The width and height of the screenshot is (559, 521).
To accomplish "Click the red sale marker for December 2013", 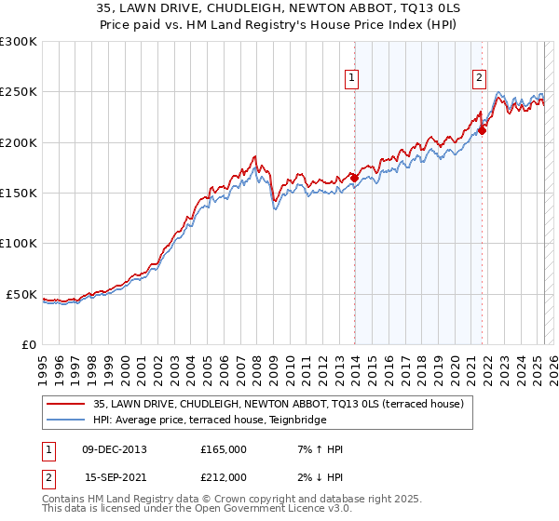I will tap(355, 178).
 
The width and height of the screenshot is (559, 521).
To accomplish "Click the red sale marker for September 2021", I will tap(483, 130).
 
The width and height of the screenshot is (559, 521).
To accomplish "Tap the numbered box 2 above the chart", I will tap(479, 79).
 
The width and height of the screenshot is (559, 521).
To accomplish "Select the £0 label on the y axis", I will tap(30, 344).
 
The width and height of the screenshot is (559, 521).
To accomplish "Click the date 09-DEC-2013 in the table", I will tap(115, 449).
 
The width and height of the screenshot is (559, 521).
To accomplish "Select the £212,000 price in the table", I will tap(224, 477).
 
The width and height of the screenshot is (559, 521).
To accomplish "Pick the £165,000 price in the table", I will tap(224, 449).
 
